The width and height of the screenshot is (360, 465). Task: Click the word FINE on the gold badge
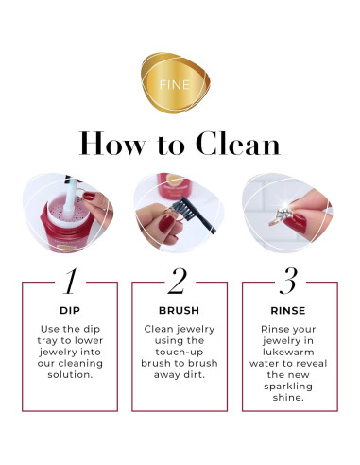click(175, 85)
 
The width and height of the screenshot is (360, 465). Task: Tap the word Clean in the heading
click(238, 144)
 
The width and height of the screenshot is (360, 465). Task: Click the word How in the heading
click(112, 144)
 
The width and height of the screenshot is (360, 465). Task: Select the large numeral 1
click(70, 282)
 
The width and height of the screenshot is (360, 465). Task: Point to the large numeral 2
click(178, 281)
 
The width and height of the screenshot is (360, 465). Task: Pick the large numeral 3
click(288, 281)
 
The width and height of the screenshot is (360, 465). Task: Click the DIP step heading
click(70, 311)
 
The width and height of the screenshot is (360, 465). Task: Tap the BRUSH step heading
click(180, 311)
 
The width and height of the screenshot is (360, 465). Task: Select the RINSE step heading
click(288, 311)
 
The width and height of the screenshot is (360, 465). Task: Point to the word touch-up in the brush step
click(180, 353)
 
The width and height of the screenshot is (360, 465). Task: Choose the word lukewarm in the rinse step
click(288, 353)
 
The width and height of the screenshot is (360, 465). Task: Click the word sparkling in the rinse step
click(288, 387)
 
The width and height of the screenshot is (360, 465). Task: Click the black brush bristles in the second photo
click(182, 208)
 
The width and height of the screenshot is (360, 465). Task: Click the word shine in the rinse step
click(288, 398)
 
